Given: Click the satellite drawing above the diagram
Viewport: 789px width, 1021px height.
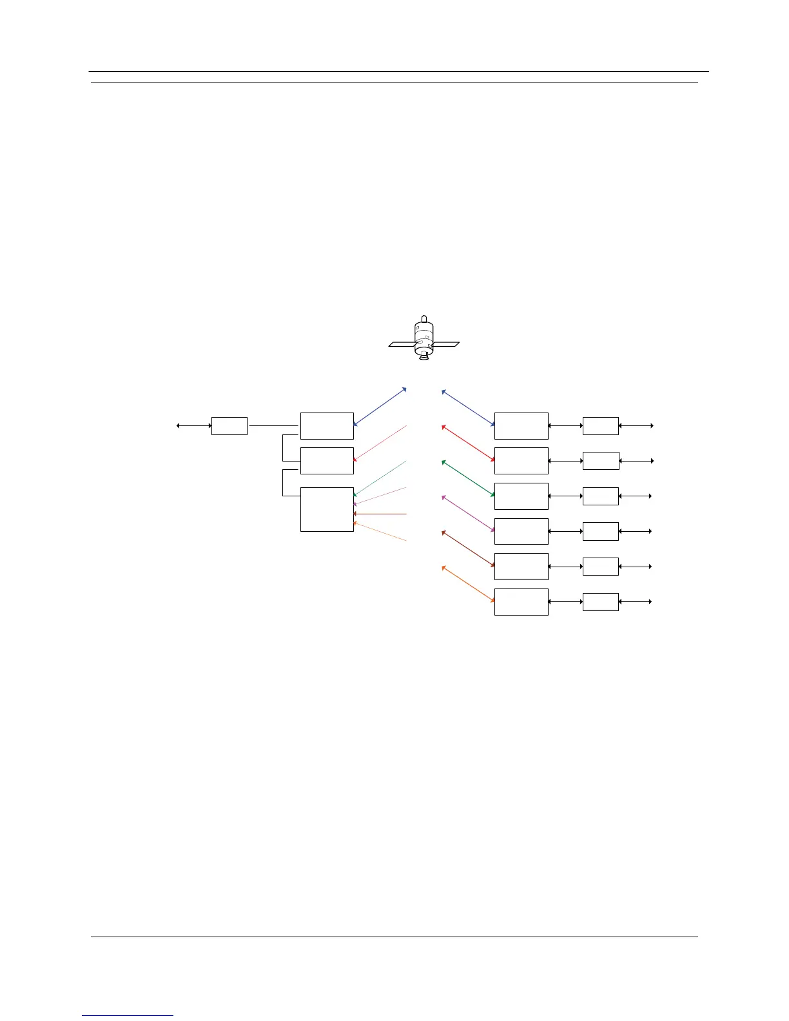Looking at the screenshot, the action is point(424,340).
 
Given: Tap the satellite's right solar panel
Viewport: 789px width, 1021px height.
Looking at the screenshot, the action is point(446,344).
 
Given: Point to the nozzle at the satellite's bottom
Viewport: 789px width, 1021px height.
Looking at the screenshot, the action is point(424,356).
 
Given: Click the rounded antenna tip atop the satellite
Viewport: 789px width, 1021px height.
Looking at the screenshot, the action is point(424,318).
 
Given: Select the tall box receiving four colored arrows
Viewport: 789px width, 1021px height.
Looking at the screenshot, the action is point(327,509).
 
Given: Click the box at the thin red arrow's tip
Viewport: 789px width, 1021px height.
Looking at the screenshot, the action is point(327,461).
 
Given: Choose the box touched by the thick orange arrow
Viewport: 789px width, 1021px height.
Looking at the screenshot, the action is point(521,601).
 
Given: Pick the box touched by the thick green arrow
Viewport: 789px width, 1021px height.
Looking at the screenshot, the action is point(521,496).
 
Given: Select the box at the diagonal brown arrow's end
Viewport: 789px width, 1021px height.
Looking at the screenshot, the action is point(521,567).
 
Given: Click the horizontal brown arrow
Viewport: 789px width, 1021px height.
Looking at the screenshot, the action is point(380,514).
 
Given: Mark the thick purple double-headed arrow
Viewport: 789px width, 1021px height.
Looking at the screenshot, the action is point(468,514).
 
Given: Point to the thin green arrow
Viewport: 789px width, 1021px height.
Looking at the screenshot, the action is point(380,478).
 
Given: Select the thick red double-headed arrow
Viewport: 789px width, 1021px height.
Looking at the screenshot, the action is point(468,443).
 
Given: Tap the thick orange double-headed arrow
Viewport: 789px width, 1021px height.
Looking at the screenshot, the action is point(468,584).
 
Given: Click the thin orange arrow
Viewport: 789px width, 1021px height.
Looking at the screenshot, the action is point(380,531).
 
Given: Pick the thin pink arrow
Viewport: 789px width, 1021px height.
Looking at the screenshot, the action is point(380,496).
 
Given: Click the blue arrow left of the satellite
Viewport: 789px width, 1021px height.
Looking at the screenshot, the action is point(380,407).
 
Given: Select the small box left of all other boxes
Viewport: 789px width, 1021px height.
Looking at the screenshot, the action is point(229,426).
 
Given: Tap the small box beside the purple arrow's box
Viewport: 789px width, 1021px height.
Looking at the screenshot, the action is point(600,531).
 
